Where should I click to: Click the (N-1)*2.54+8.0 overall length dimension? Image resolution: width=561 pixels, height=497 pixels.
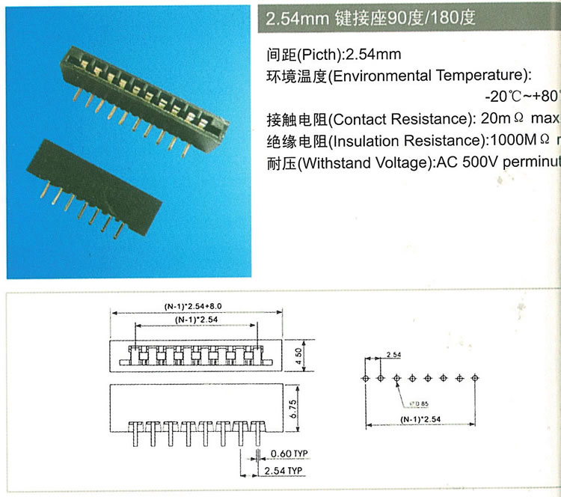coord(194,305)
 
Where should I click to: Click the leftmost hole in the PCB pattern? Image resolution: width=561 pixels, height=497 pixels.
coord(365,378)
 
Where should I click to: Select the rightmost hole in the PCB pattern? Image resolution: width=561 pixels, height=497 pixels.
coord(475,378)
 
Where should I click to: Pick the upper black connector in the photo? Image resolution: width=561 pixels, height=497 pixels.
coord(142,94)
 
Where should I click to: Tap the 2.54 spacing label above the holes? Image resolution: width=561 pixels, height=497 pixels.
coord(393,353)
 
